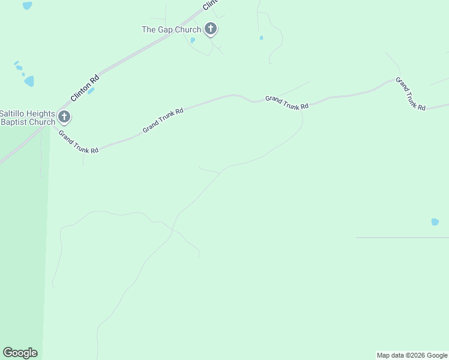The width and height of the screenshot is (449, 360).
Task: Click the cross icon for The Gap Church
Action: pos(210,28)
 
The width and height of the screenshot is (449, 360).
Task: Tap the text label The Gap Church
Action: pos(171,29)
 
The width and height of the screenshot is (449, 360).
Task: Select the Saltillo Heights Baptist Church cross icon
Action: pos(64,116)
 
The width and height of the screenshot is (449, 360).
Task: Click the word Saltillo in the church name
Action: pos(13,113)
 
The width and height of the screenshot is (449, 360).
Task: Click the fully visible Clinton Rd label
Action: pos(84,88)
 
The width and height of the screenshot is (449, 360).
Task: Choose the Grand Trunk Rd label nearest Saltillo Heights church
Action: pos(78,142)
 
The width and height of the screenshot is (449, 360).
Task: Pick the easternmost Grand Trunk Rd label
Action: pos(410,93)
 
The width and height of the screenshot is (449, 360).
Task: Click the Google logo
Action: pos(20,353)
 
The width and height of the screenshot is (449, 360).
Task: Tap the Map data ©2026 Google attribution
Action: pos(412,355)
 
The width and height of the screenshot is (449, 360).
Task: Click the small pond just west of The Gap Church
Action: pos(192,40)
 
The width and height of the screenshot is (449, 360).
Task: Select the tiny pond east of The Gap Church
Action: pos(261,38)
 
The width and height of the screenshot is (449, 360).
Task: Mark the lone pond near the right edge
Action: pos(435,221)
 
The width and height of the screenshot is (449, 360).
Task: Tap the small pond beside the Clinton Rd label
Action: pos(91,91)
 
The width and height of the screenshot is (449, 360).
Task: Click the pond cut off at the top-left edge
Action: pos(27,5)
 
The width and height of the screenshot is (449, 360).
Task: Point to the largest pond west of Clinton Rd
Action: pos(29,81)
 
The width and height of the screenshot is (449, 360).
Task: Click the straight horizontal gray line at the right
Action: pos(402,238)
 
